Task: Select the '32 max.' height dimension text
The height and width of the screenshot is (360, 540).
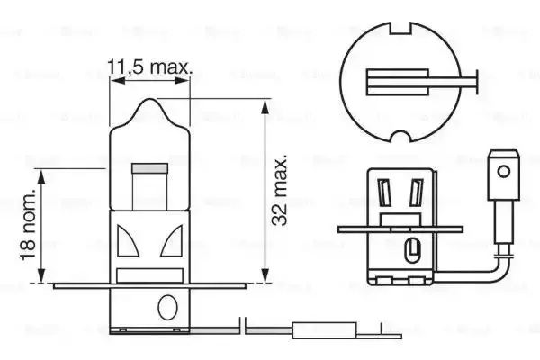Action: (283, 191)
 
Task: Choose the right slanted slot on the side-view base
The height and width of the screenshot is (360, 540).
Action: (416, 193)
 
